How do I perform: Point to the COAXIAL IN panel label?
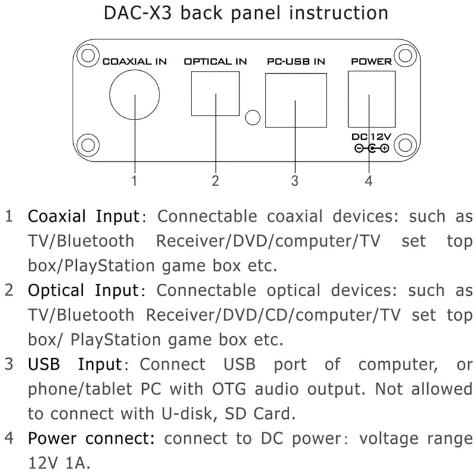(135, 61)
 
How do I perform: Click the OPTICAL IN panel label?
(215, 61)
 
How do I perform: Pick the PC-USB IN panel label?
(296, 61)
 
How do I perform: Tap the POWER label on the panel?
(371, 61)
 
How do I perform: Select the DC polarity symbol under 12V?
(371, 149)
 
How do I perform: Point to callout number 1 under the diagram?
(135, 180)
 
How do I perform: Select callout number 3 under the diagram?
(295, 180)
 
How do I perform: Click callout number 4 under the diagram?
(369, 180)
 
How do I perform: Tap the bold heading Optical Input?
(83, 291)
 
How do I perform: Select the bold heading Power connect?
(92, 440)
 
